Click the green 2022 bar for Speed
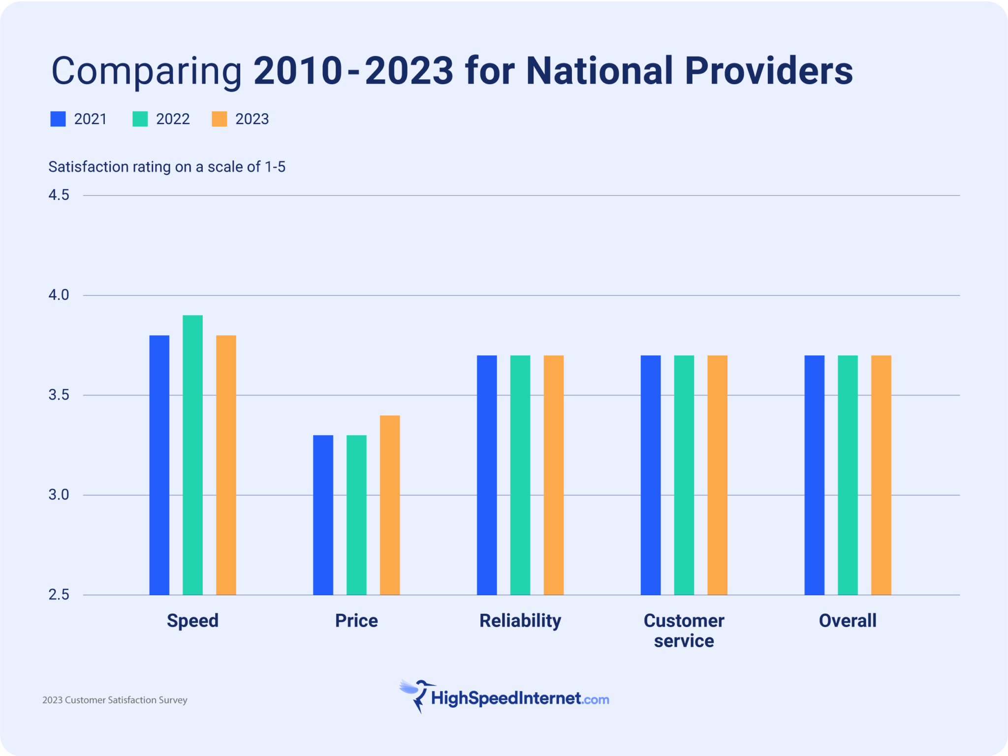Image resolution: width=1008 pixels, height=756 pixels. [x=192, y=455]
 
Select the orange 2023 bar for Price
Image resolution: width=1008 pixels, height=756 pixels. [x=389, y=505]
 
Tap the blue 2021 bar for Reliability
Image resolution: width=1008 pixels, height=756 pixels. [x=487, y=475]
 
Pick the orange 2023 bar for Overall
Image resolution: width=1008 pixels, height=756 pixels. [x=881, y=475]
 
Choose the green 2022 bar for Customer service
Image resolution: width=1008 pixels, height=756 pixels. [x=684, y=475]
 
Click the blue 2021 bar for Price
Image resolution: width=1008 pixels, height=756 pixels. [x=323, y=515]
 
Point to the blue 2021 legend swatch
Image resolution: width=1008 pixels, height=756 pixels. [x=58, y=119]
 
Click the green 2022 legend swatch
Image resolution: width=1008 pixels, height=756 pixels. [x=140, y=119]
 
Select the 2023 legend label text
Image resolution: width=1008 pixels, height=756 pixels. [x=252, y=119]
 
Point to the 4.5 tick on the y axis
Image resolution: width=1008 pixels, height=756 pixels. [x=59, y=195]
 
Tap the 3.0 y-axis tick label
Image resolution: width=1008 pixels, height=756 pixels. [x=59, y=495]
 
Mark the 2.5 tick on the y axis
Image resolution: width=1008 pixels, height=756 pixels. [x=59, y=595]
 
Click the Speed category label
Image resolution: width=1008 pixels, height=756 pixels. [x=192, y=621]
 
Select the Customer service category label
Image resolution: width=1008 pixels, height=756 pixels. [x=684, y=630]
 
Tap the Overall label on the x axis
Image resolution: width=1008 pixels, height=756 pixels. [x=848, y=621]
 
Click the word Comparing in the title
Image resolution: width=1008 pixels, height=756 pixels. [x=147, y=71]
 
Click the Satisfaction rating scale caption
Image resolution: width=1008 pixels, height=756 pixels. [x=167, y=167]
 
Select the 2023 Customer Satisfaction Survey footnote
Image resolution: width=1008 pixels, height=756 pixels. [x=115, y=700]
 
